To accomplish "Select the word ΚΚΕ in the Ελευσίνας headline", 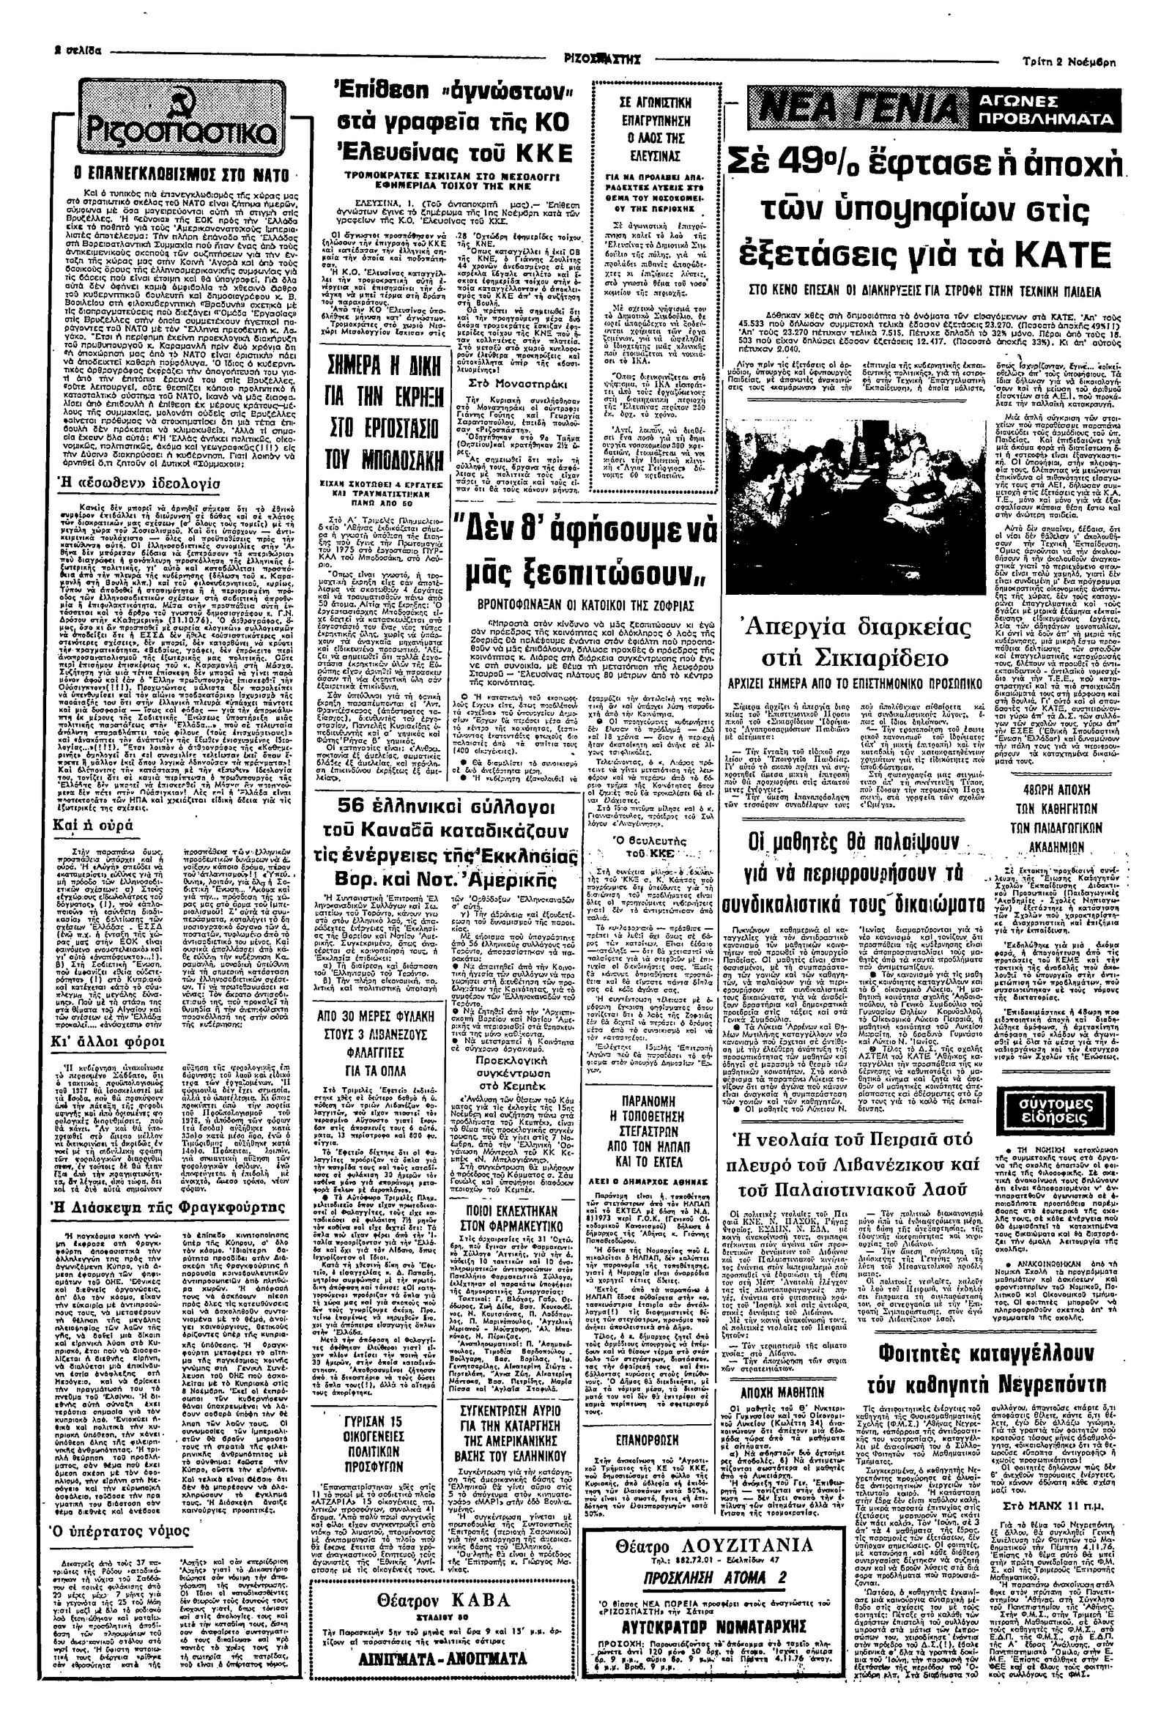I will click(x=537, y=153).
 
